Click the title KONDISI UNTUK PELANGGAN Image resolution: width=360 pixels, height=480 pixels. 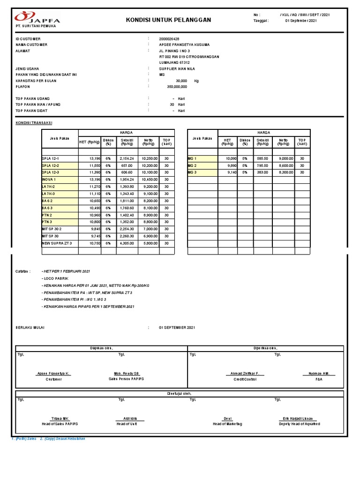pyautogui.click(x=169, y=20)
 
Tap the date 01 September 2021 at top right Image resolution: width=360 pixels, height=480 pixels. pyautogui.click(x=301, y=21)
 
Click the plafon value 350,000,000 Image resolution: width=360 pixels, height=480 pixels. pyautogui.click(x=177, y=87)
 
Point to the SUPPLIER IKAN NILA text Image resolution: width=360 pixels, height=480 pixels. pyautogui.click(x=179, y=68)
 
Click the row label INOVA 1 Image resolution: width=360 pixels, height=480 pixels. pyautogui.click(x=49, y=180)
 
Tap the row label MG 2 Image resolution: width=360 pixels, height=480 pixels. pyautogui.click(x=193, y=165)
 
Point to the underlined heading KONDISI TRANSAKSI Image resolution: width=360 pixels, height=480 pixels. pyautogui.click(x=34, y=122)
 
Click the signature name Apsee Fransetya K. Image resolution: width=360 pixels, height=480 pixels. pyautogui.click(x=54, y=374)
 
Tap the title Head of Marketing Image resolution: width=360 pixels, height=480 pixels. pyautogui.click(x=227, y=424)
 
